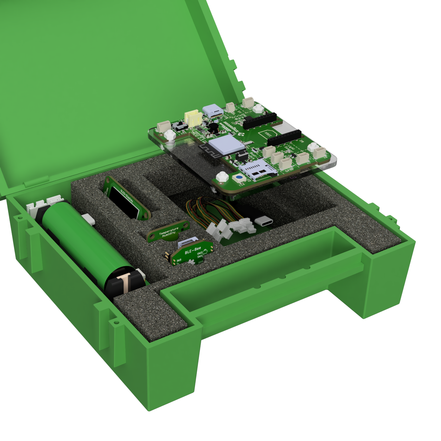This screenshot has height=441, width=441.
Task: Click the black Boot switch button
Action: click(x=240, y=157)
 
